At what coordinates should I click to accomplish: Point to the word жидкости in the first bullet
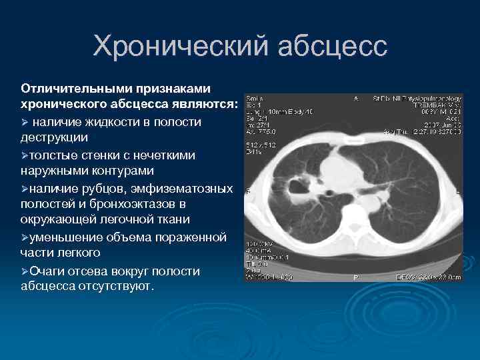(x=111, y=122)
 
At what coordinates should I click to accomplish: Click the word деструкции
(x=51, y=138)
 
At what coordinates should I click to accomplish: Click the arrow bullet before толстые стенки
(x=25, y=155)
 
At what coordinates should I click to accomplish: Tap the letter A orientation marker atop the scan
(x=355, y=98)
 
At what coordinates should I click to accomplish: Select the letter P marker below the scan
(x=355, y=276)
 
